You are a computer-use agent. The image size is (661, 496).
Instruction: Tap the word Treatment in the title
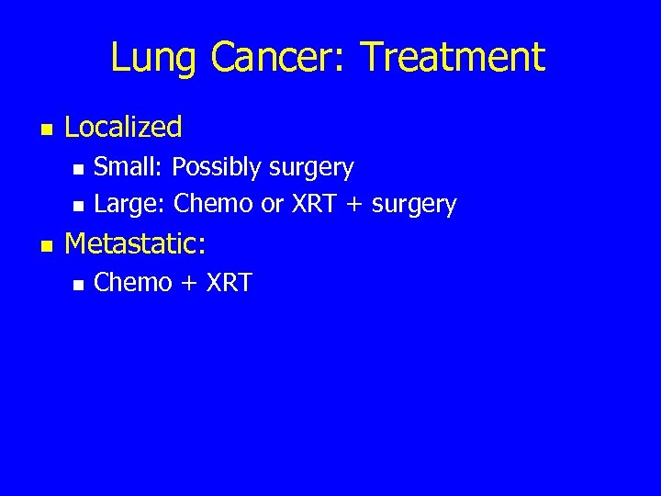point(453,57)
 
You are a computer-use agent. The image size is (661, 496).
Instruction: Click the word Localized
point(124,127)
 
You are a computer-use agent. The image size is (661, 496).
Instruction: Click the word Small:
point(129,167)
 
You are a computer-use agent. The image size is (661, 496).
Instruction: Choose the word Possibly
point(216,168)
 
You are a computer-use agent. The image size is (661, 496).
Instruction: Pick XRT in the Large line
point(316,204)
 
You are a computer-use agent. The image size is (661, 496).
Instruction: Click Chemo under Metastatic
point(133,283)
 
